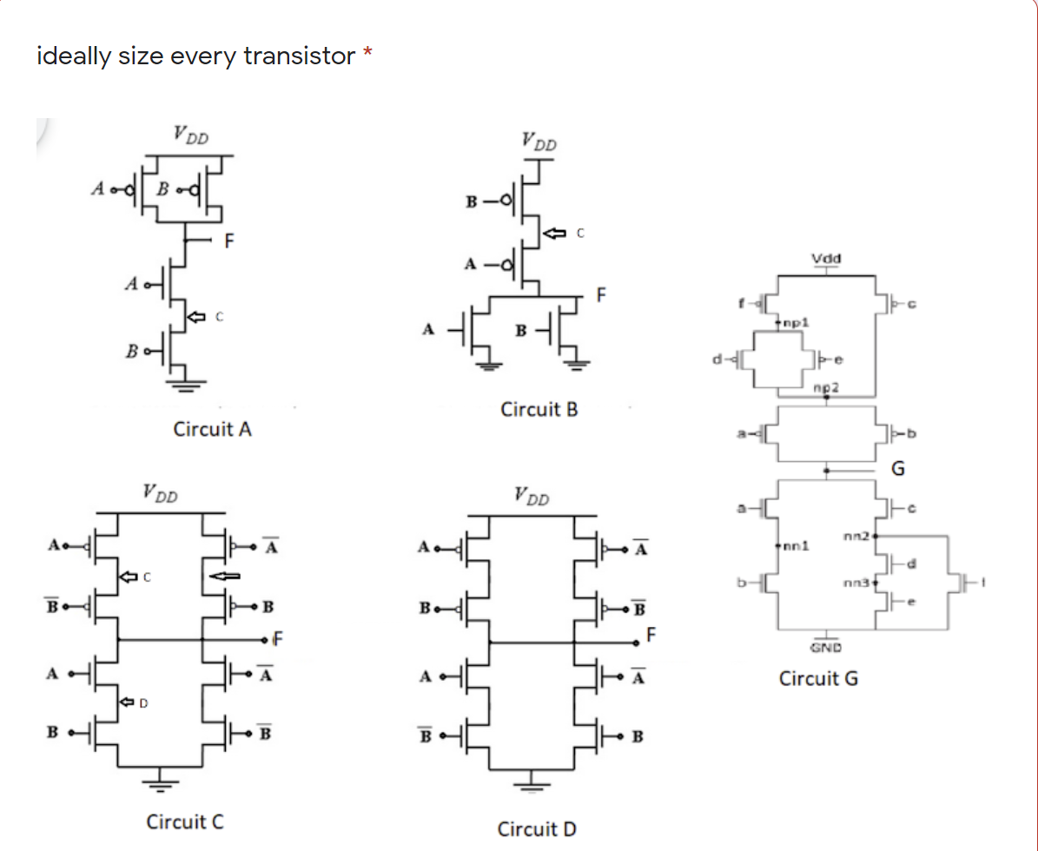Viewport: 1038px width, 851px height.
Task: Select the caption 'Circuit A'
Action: pos(213,430)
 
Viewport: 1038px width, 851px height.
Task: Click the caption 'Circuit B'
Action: pos(539,409)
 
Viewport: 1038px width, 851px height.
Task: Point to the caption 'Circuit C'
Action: pos(185,821)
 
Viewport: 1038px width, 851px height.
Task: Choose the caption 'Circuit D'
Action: pos(537,829)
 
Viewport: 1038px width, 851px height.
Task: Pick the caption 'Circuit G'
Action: pos(818,678)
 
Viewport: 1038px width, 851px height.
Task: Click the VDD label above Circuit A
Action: pos(190,135)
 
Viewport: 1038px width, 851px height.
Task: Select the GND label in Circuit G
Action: pos(825,647)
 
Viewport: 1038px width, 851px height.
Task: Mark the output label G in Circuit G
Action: pos(898,470)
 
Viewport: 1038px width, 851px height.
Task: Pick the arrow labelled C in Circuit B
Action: pos(552,233)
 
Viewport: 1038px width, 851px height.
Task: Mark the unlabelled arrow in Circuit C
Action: pos(225,574)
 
